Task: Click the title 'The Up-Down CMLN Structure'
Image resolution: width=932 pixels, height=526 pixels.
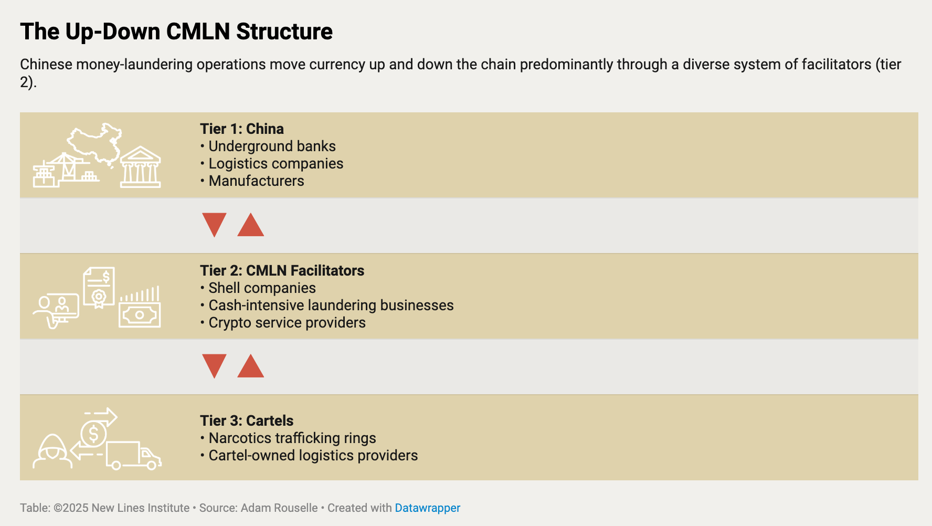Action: pos(176,31)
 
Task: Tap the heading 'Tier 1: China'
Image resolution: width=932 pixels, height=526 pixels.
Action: pos(242,129)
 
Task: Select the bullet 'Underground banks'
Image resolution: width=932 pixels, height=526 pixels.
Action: pos(268,146)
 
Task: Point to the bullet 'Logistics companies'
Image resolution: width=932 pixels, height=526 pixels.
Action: pos(271,163)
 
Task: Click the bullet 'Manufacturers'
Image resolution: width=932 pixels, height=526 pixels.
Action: pos(252,181)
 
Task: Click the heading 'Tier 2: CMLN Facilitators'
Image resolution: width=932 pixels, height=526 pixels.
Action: pos(282,270)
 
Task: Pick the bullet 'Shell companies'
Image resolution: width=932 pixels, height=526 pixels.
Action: pos(258,288)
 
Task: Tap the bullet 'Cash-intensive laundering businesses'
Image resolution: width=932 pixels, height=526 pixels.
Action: pos(327,305)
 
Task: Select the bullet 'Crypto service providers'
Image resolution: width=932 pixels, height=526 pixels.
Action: pos(283,322)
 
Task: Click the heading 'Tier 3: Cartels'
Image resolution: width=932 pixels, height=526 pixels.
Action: pos(247,420)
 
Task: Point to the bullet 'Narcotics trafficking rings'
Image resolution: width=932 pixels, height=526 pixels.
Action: pos(288,438)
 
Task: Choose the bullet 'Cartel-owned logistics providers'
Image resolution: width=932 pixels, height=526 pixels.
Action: pos(309,455)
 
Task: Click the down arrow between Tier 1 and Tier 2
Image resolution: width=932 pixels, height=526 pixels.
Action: pos(214,223)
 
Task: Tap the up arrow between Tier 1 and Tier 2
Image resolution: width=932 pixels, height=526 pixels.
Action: pos(251,227)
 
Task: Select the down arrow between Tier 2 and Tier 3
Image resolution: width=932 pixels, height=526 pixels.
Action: pos(214,364)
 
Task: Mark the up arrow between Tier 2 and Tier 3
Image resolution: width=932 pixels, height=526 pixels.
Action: pos(251,368)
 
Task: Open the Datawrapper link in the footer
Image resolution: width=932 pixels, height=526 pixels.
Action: pos(428,508)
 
